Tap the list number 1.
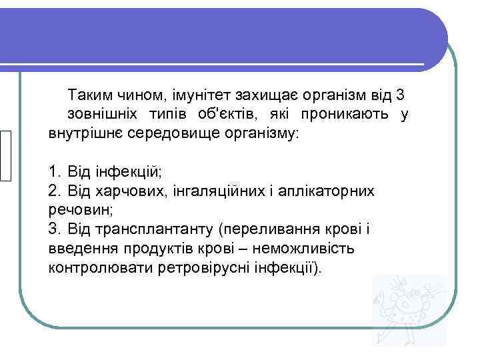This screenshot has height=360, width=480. tap(54, 172)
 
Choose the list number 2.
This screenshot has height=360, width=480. tap(54, 191)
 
